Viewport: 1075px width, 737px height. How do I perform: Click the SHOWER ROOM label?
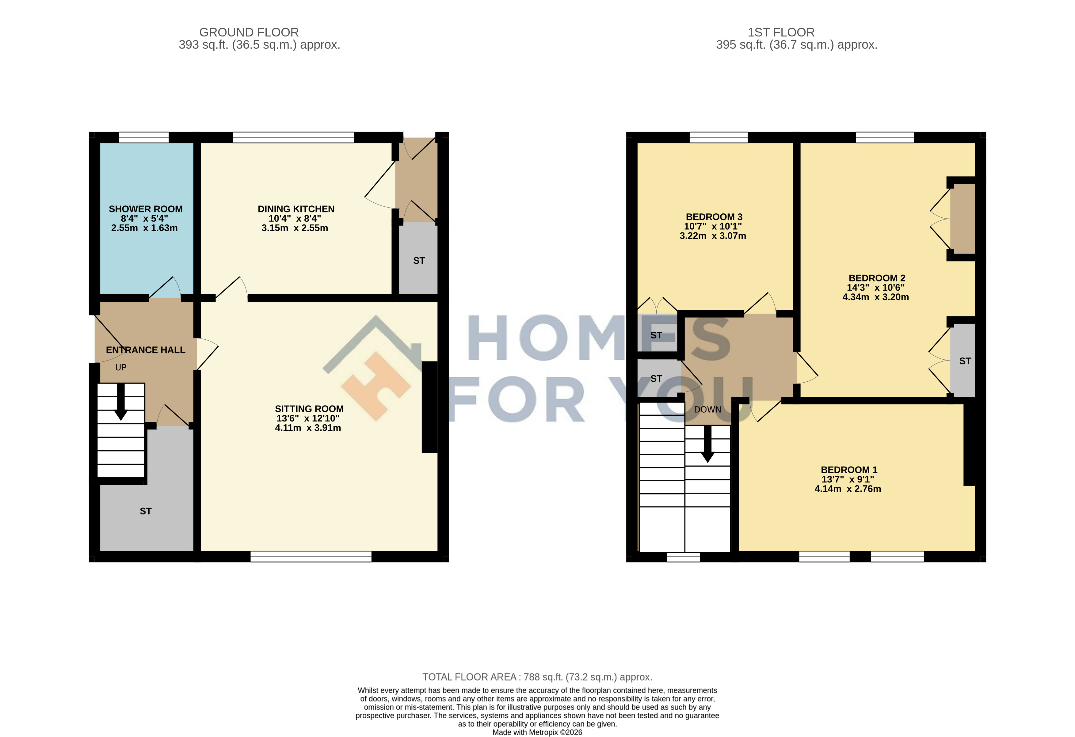[x=146, y=209]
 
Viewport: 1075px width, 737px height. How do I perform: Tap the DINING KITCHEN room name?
[x=296, y=209]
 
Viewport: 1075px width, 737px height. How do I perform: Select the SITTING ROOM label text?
[x=309, y=409]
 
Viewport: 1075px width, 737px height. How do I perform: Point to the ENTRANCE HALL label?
[x=146, y=350]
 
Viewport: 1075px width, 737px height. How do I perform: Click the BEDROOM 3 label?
[x=714, y=217]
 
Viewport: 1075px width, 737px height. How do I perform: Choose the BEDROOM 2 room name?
[x=877, y=278]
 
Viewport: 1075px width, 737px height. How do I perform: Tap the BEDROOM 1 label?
[x=849, y=470]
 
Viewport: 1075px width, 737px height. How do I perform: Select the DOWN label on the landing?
[x=707, y=410]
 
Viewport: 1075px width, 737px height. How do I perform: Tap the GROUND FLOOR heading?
[x=249, y=32]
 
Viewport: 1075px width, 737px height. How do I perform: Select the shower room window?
[x=144, y=137]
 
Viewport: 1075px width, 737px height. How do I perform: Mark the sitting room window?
[x=311, y=556]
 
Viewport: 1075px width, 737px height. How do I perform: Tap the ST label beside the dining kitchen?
[x=419, y=261]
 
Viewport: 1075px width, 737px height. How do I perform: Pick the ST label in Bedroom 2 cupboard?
[x=965, y=361]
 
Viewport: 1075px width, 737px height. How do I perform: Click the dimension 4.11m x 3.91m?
[x=308, y=428]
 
